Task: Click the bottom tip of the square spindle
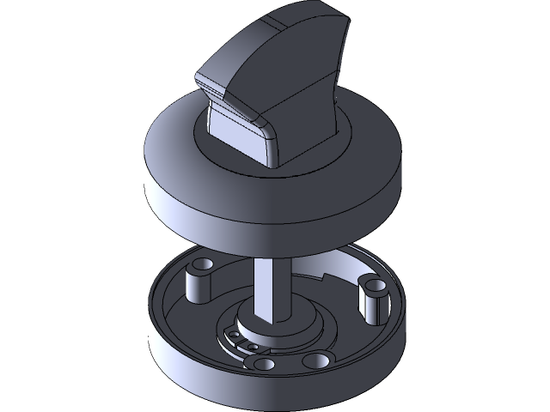pos(271,317)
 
